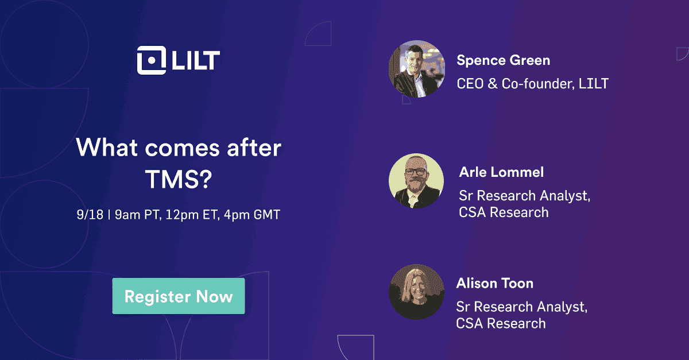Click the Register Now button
point(179,296)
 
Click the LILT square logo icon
point(151,60)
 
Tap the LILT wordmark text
point(195,60)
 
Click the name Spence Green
point(503,60)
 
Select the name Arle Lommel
point(501,172)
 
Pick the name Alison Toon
point(495,283)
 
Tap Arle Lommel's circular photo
point(416,180)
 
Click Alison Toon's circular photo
point(416,292)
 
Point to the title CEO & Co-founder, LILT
point(532,84)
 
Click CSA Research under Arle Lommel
point(504,212)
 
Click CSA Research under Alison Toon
point(501,323)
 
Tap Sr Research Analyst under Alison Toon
point(521,307)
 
